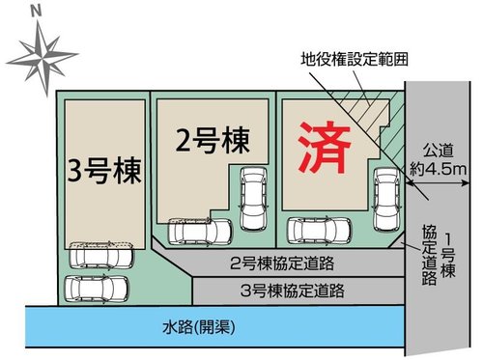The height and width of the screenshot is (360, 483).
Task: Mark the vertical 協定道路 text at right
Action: click(x=426, y=257)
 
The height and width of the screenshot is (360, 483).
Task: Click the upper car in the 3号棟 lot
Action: click(x=100, y=254)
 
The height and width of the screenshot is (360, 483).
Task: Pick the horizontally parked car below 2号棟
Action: click(x=200, y=232)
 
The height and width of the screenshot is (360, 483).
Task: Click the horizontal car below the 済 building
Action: click(x=320, y=230)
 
